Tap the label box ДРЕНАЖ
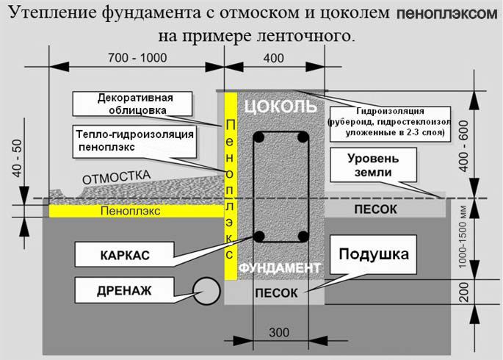(x=124, y=290)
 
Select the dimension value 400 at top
(x=273, y=57)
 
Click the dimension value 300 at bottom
(x=279, y=333)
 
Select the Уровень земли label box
(x=374, y=165)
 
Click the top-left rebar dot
(x=259, y=137)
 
